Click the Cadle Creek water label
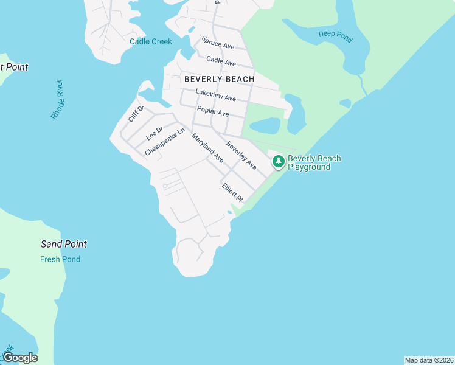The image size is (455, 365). click(151, 42)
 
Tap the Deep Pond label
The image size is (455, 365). click(335, 36)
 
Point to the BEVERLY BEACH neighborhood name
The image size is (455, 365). click(219, 79)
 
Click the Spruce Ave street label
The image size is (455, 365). click(218, 46)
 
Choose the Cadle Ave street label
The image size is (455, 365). click(221, 61)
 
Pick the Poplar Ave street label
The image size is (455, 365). click(213, 112)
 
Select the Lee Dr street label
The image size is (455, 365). click(155, 133)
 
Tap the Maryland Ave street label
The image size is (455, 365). click(208, 148)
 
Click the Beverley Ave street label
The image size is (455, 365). click(241, 155)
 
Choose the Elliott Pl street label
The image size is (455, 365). click(232, 193)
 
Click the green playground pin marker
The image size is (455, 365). click(278, 161)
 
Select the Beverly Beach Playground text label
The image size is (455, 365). click(314, 162)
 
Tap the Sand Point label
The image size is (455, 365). click(64, 244)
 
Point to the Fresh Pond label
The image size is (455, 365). click(60, 259)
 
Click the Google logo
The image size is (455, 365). click(20, 358)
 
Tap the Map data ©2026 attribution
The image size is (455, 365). click(429, 360)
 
